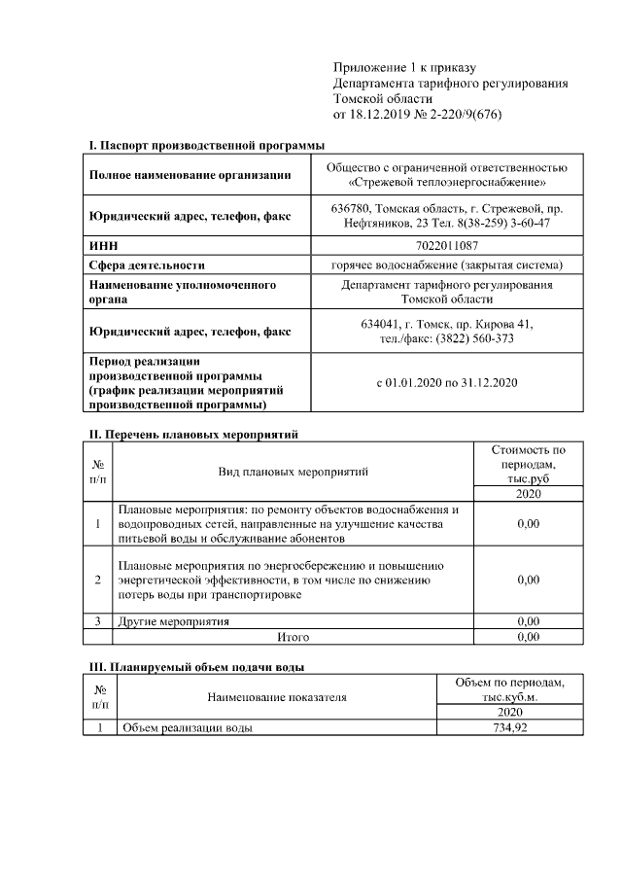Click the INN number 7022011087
click(446, 246)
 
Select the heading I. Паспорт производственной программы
click(206, 144)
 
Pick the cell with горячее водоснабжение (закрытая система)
click(446, 264)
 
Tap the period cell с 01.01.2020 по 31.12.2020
click(446, 382)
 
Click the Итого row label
click(294, 637)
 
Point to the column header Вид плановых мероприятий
click(293, 472)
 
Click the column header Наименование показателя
click(277, 697)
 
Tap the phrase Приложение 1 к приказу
click(404, 67)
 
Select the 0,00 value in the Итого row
click(529, 637)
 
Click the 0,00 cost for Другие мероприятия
click(529, 620)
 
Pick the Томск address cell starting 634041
click(446, 331)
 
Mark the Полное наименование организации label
click(190, 175)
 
